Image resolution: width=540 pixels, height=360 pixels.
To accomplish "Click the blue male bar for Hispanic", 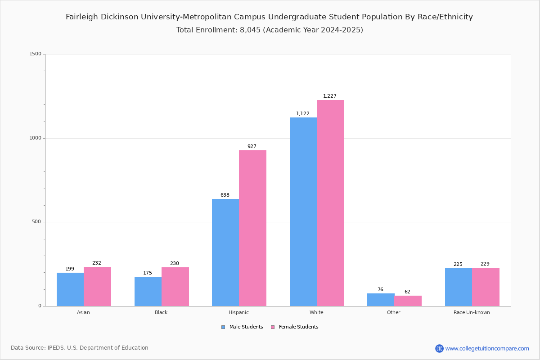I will click(225, 252).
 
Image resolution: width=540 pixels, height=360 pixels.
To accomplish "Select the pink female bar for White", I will click(330, 203).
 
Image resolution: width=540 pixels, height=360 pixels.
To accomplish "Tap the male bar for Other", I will click(381, 300).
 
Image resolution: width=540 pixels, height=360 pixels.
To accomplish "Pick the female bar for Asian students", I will click(97, 287).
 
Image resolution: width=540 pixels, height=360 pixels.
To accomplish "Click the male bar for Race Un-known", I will click(459, 287).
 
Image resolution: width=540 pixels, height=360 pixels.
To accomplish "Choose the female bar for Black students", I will click(175, 287).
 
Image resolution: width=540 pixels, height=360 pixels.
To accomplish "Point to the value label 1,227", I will click(330, 96).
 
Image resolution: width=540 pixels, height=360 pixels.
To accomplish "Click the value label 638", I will click(225, 195).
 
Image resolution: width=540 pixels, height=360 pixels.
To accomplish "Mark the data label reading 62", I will click(407, 292).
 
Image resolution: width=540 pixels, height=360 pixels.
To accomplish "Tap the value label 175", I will click(148, 273).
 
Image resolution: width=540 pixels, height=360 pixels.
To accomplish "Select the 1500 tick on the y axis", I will click(36, 54).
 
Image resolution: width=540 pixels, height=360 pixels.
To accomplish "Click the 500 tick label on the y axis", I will click(37, 222).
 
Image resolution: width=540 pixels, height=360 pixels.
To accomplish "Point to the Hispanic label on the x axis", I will click(238, 312).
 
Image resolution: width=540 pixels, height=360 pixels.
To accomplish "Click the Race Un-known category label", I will click(472, 312).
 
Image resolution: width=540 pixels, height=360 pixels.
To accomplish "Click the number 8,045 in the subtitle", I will click(247, 30).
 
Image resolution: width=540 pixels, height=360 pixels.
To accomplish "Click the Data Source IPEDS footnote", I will click(80, 348).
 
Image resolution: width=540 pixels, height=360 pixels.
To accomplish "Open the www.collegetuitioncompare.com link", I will click(487, 348).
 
